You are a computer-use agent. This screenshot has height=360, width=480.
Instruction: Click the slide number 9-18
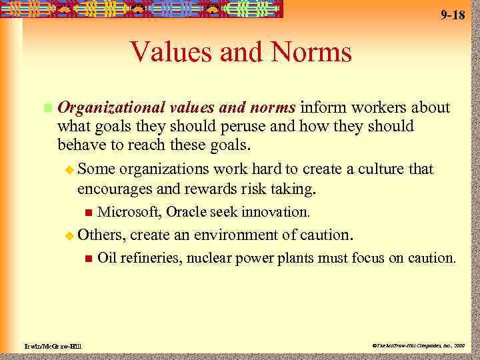tap(453, 15)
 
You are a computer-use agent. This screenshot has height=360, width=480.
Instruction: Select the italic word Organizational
tap(111, 108)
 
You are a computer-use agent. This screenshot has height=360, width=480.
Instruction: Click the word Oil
tap(107, 258)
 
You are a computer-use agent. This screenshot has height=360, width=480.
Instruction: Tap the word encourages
tap(115, 189)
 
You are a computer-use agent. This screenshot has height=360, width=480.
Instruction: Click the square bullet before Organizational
tap(46, 108)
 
